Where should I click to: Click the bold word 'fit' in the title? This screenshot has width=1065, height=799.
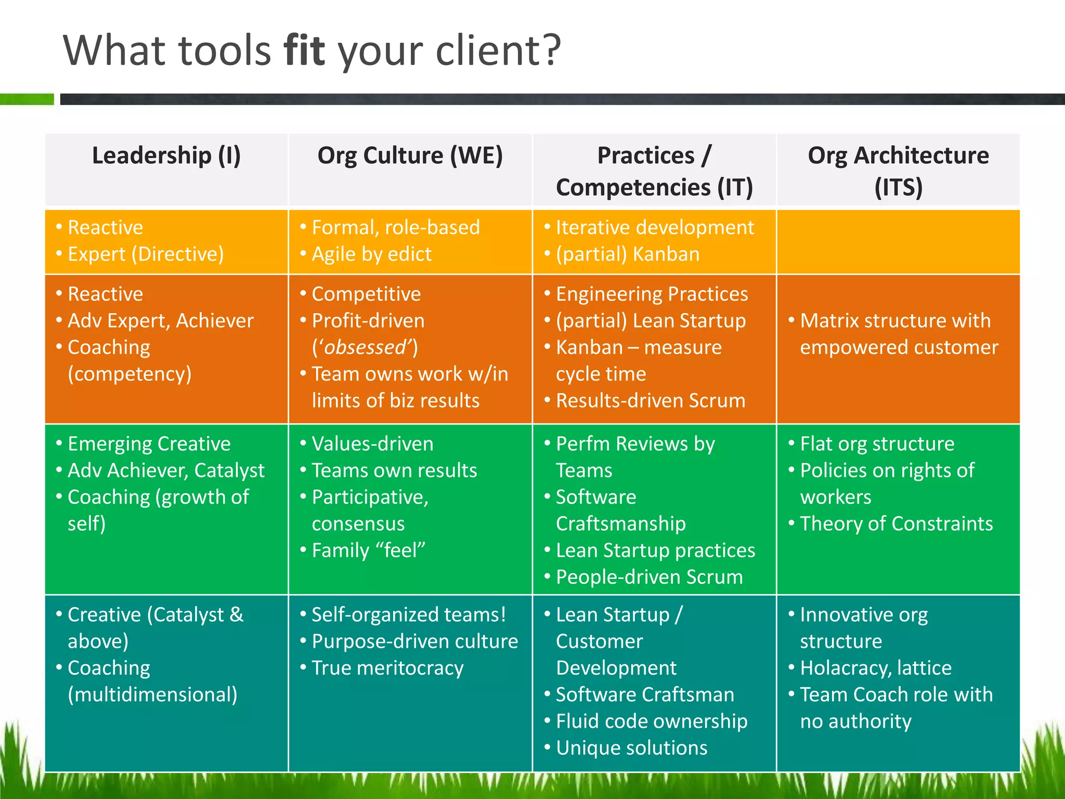tap(304, 50)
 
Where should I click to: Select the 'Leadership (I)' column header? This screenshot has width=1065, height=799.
tap(166, 156)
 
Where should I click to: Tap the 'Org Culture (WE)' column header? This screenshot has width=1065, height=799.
tap(410, 156)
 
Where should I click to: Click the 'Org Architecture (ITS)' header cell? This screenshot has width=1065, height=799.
tap(898, 171)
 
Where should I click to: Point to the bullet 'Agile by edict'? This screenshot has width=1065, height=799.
tap(371, 254)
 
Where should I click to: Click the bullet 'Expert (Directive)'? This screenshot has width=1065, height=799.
tap(146, 254)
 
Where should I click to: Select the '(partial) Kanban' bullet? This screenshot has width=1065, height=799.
tap(628, 254)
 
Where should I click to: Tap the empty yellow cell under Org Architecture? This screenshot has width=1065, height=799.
tap(898, 241)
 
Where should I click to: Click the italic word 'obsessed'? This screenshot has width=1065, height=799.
tap(365, 347)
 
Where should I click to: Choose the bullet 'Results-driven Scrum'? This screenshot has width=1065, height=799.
tap(650, 401)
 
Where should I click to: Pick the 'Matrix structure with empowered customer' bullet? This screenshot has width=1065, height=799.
tap(898, 334)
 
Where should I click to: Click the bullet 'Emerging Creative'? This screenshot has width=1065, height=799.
tap(149, 444)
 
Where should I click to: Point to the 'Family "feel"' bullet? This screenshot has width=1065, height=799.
tap(368, 550)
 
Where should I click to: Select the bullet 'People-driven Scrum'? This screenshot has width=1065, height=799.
tap(649, 577)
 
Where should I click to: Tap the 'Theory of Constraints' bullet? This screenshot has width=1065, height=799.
tap(896, 524)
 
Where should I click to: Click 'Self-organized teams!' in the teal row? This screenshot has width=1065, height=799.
tap(409, 615)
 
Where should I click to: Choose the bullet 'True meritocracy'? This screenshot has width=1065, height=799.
tap(387, 668)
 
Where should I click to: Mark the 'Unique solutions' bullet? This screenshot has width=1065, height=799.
tap(631, 748)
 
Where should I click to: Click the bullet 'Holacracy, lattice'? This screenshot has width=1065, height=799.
tap(876, 668)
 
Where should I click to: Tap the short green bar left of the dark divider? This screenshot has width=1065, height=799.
tap(27, 99)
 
